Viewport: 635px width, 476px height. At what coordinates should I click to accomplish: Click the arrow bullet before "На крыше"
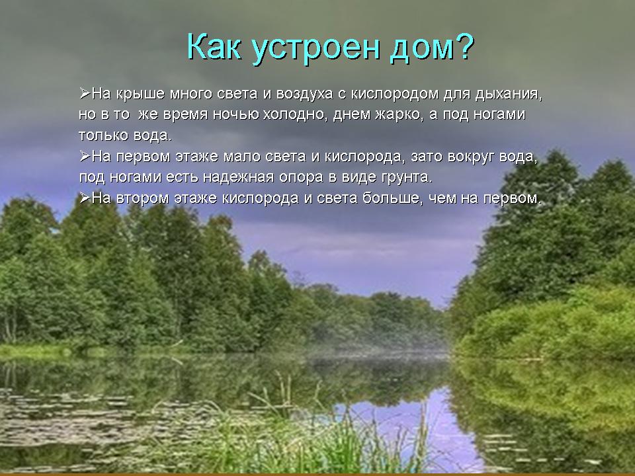(85, 93)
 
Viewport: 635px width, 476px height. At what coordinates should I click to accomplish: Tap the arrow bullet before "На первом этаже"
(85, 156)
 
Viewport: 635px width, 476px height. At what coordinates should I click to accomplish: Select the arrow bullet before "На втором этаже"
(85, 198)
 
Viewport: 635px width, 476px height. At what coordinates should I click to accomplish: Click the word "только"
(103, 135)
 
